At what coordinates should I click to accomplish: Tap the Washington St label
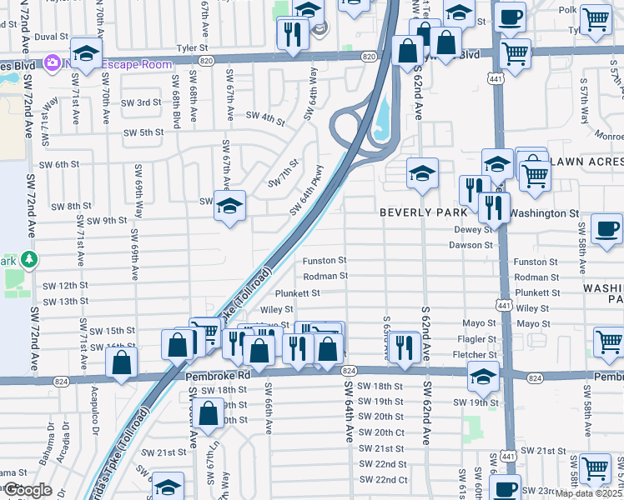point(544,213)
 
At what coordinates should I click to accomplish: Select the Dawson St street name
point(471,245)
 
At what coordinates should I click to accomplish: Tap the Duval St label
point(51,37)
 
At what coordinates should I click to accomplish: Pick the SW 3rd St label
point(141,102)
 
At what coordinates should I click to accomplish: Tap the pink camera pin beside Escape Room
point(53,62)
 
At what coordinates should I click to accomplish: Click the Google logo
point(28,490)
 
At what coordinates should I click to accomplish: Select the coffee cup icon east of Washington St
point(607,228)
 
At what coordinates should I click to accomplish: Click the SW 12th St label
point(59,286)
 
